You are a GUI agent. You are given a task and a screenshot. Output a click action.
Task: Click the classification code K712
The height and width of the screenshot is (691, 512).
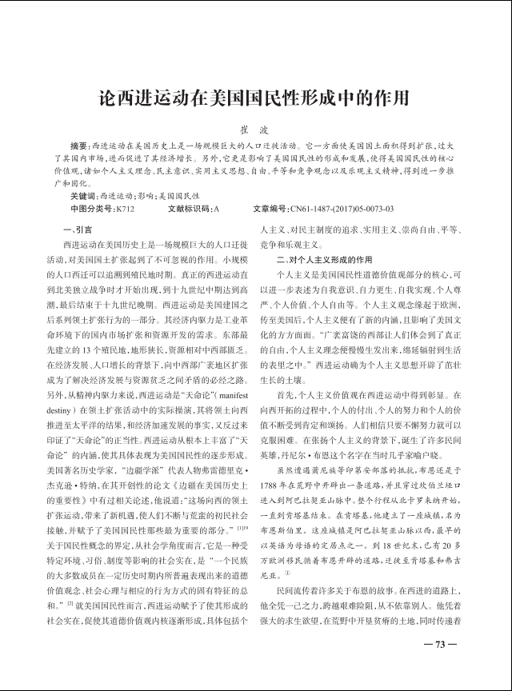click(125, 209)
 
